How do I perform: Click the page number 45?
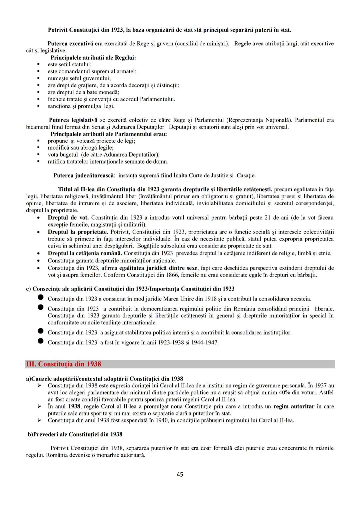[180, 474]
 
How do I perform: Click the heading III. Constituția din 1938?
[63, 364]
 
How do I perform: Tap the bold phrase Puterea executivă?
[70, 44]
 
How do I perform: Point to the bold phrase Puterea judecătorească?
[84, 175]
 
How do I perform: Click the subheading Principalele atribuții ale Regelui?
[93, 58]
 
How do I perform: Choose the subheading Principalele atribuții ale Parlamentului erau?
[109, 134]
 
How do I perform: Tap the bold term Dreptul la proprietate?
[78, 232]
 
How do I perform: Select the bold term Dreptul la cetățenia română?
[85, 253]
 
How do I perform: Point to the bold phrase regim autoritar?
[294, 406]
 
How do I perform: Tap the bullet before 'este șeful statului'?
[39, 65]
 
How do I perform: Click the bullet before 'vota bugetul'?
[39, 155]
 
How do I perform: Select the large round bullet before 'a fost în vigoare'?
[41, 341]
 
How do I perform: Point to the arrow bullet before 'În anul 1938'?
[39, 406]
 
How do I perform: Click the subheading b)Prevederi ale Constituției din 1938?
[75, 434]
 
